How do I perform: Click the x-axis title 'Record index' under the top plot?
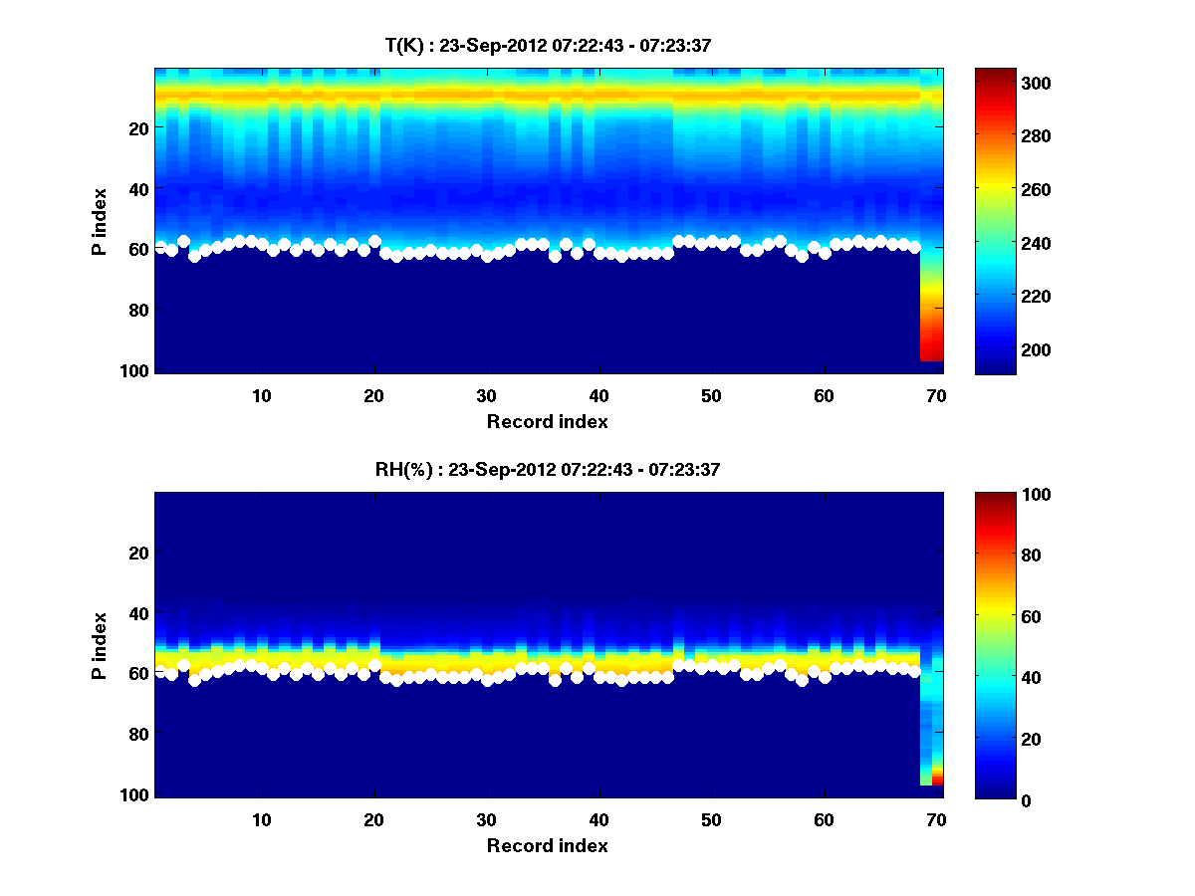[x=548, y=421]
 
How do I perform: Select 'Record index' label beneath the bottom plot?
[x=548, y=845]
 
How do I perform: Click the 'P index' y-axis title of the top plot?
[x=99, y=221]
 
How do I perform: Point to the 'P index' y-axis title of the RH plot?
[x=99, y=645]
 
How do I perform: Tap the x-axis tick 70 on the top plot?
[x=936, y=395]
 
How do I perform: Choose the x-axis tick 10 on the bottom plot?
[x=261, y=819]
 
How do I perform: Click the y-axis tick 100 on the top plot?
[x=137, y=370]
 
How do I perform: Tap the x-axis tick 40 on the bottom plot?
[x=598, y=819]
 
